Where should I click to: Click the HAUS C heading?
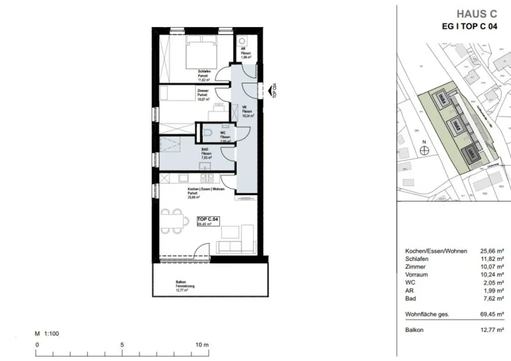[x=477, y=14]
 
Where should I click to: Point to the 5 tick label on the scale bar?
[x=122, y=345]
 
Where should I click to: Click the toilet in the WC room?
[x=209, y=132]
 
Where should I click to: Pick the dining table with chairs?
[x=173, y=220]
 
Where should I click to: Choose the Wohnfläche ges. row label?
[x=427, y=314]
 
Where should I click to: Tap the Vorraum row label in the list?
[x=417, y=275]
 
